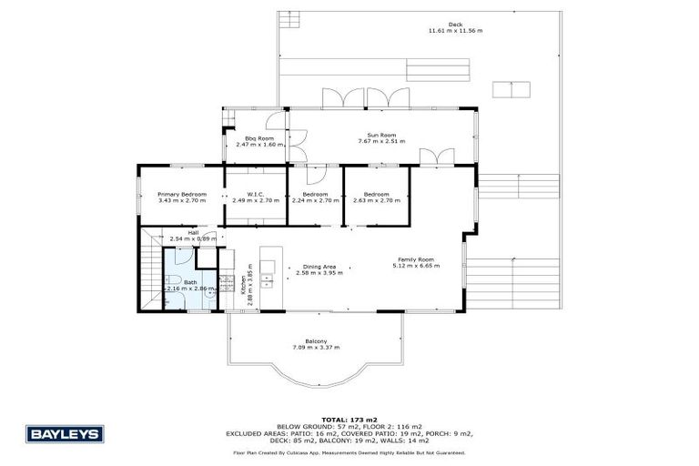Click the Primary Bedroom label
coord(182,194)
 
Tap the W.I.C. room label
coord(254,194)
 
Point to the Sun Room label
coord(381,135)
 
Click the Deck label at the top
coord(455,25)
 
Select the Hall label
coord(193,232)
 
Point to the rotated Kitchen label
coord(243,289)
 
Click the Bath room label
coord(190,282)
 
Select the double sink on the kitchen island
coord(268,273)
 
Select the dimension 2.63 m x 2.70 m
coord(377,199)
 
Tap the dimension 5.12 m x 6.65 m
coord(416,266)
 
